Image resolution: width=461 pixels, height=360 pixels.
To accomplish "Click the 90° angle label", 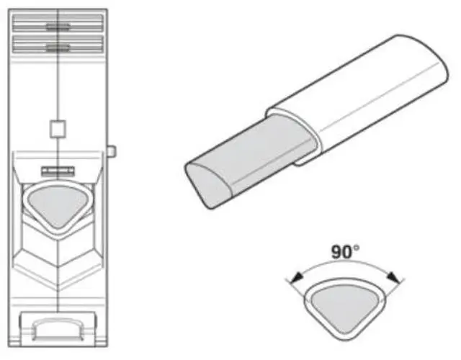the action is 345,252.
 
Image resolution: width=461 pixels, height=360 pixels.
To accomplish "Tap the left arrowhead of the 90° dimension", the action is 297,278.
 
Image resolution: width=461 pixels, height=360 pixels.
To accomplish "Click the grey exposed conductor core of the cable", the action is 250,160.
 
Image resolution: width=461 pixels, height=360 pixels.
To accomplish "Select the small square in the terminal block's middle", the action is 58,129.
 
